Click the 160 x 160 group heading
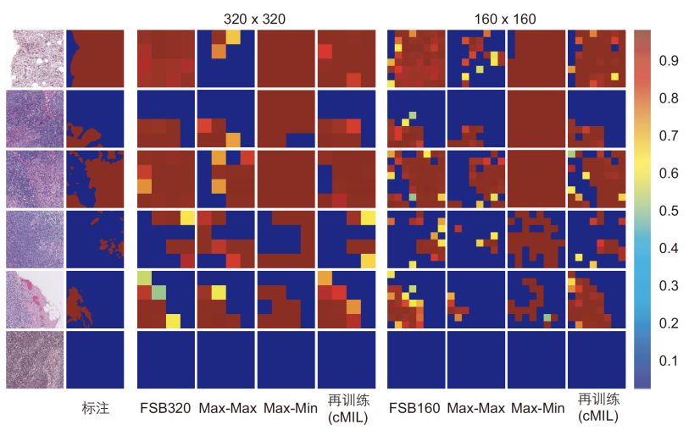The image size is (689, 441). pos(505,17)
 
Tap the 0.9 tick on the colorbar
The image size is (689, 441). pos(670,61)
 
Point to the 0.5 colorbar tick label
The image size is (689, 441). pos(670,211)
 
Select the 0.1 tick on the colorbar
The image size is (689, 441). pos(670,361)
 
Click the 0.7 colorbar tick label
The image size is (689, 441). pos(670,136)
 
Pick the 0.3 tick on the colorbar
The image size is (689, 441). pos(670,286)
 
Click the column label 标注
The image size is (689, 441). pos(95,408)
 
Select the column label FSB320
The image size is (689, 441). pos(165,408)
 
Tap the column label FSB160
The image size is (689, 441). pos(415,408)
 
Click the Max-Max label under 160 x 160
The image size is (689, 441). pos(475,408)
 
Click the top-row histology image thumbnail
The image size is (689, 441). pos(35,58)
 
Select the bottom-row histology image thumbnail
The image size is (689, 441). pos(35,360)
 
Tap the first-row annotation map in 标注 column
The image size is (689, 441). pos(96,58)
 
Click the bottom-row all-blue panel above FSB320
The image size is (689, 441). pos(165,360)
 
